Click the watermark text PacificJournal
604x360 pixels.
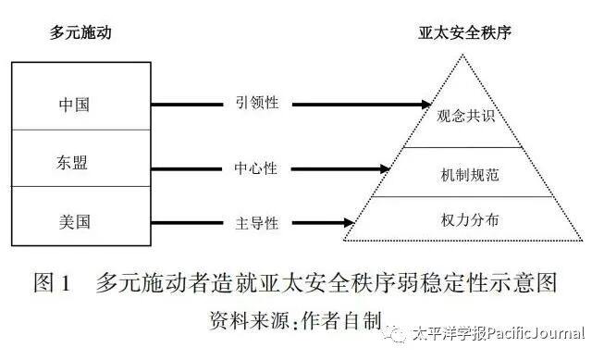[x=536, y=333]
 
